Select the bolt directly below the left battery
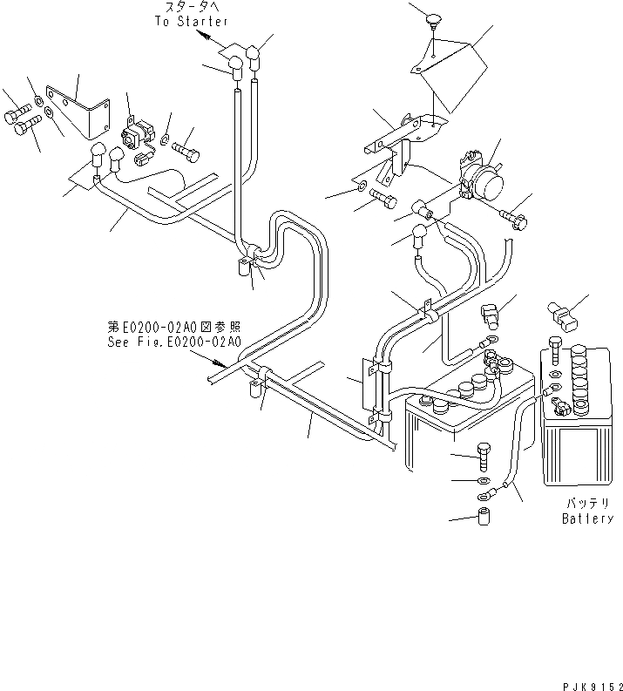484,454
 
